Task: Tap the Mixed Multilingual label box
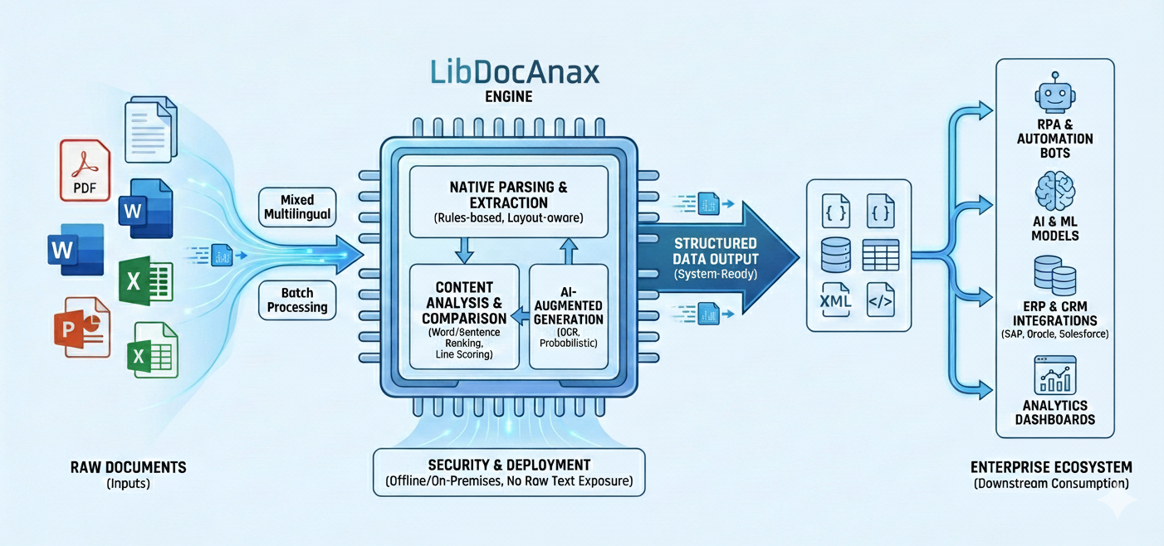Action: [297, 207]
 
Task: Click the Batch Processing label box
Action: [297, 300]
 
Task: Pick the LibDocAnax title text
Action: [515, 72]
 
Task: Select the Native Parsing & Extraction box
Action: [509, 202]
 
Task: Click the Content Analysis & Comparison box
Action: [464, 316]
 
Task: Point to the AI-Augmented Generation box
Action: [569, 316]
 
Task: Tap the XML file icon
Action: [834, 300]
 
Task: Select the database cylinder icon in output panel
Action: [834, 255]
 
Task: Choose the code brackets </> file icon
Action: [880, 300]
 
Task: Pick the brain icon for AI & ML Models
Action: [1054, 192]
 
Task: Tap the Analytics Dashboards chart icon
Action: [1054, 375]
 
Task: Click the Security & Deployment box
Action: [509, 472]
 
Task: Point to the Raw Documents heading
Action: [128, 467]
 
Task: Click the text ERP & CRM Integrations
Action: [1054, 313]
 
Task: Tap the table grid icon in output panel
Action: [880, 255]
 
